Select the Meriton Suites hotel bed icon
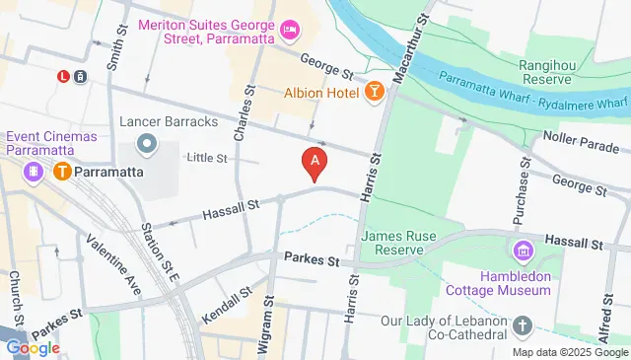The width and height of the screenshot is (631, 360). pos(290,31)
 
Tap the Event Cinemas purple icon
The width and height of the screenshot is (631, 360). pos(35,171)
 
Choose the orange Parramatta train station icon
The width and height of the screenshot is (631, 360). pos(62,171)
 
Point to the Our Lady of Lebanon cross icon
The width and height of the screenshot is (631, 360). pos(523,324)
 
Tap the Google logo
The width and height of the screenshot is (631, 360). pos(34,347)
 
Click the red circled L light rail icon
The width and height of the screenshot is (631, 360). pos(63,75)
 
